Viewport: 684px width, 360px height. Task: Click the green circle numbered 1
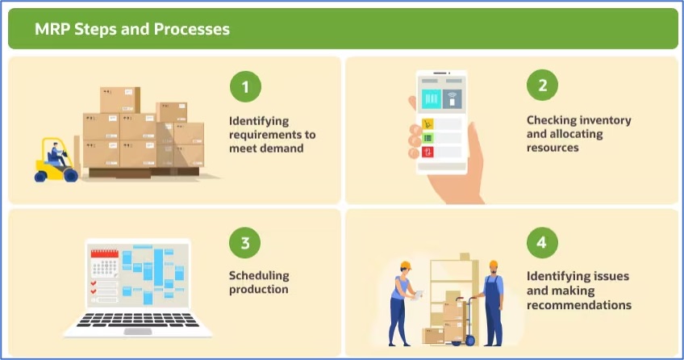pyautogui.click(x=245, y=87)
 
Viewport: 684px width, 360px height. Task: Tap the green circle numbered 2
pyautogui.click(x=542, y=85)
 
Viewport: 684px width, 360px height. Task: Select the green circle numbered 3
pyautogui.click(x=244, y=243)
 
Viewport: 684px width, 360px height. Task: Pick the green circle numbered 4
pyautogui.click(x=542, y=242)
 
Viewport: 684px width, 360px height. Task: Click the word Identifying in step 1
pyautogui.click(x=259, y=121)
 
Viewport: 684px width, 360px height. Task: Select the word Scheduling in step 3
pyautogui.click(x=259, y=276)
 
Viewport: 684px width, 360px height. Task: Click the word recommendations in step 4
pyautogui.click(x=579, y=305)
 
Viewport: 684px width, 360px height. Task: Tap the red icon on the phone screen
pyautogui.click(x=427, y=153)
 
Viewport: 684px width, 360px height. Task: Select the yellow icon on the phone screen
pyautogui.click(x=427, y=124)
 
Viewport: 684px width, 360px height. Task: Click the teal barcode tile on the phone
pyautogui.click(x=431, y=99)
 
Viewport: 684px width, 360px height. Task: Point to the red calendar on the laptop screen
pyautogui.click(x=104, y=264)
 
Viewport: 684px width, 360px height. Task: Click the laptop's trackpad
pyautogui.click(x=138, y=332)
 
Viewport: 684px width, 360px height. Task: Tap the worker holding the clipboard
pyautogui.click(x=402, y=303)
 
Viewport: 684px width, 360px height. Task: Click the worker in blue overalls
pyautogui.click(x=492, y=303)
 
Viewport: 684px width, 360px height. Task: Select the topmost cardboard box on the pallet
pyautogui.click(x=120, y=100)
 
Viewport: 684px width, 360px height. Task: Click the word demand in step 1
pyautogui.click(x=282, y=149)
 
